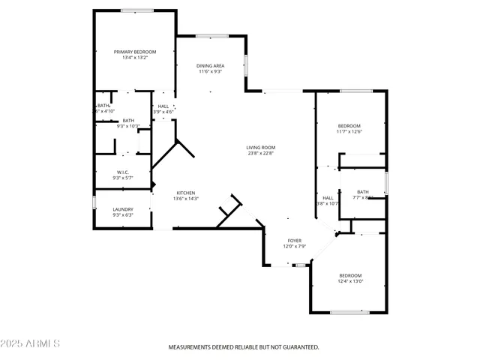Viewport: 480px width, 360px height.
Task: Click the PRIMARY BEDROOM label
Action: click(x=135, y=52)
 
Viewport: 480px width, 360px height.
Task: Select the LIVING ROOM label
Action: click(x=261, y=147)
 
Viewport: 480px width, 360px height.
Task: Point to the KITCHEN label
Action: click(x=186, y=193)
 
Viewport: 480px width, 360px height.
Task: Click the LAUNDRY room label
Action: click(x=123, y=209)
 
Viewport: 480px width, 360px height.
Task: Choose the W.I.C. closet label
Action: click(x=121, y=172)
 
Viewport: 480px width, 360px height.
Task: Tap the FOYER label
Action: click(x=295, y=241)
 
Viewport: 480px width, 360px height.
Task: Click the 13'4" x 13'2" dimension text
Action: click(x=135, y=58)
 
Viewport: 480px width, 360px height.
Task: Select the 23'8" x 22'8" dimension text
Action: click(x=261, y=153)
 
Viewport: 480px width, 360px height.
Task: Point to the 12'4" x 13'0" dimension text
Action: click(x=349, y=281)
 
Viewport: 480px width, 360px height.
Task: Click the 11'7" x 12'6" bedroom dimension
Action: click(x=349, y=131)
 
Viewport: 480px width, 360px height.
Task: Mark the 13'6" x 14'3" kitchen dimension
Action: click(x=186, y=199)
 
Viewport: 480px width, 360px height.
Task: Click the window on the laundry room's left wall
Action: click(x=94, y=202)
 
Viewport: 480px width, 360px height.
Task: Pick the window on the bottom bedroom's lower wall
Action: click(x=349, y=312)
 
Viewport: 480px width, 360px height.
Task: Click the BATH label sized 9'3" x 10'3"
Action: click(x=129, y=121)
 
